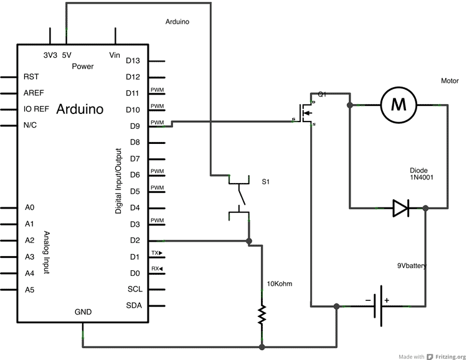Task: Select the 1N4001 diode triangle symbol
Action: click(400, 208)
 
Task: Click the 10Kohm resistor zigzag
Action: click(262, 314)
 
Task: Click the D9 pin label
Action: click(133, 126)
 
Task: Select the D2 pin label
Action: click(133, 240)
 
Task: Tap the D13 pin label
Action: click(133, 60)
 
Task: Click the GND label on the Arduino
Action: click(83, 312)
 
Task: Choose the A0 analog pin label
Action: click(29, 207)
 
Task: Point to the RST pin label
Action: click(31, 77)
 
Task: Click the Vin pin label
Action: click(115, 55)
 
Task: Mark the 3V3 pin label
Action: click(50, 55)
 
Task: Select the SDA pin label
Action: click(134, 305)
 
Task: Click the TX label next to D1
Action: click(156, 253)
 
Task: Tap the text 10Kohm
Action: click(279, 284)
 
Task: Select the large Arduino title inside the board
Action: click(80, 110)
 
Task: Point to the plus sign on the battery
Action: click(387, 300)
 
